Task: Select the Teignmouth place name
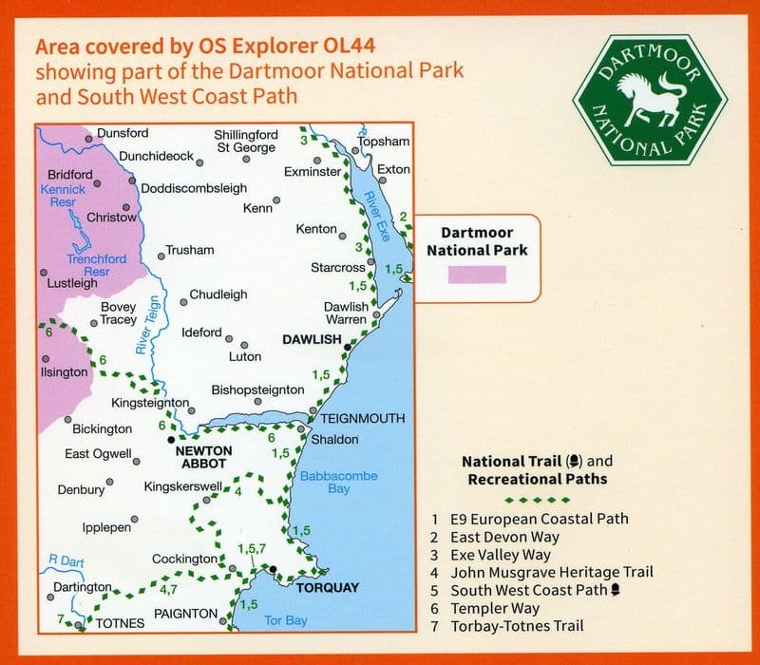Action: tap(362, 418)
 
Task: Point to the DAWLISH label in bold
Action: tap(312, 339)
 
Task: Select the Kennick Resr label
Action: tap(63, 197)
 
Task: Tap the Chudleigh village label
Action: tap(218, 294)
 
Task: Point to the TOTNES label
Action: tap(120, 623)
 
